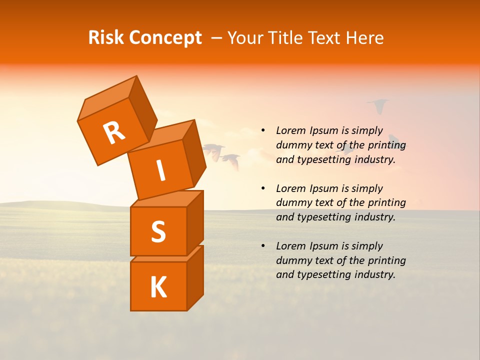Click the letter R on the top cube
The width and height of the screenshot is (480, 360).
pos(114,133)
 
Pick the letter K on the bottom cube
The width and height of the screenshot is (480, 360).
pos(158,287)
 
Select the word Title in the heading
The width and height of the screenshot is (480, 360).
pos(285,38)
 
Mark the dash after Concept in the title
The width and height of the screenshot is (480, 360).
pos(217,38)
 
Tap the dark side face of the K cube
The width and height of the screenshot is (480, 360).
pos(195,277)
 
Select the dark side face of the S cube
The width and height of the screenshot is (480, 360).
pos(195,222)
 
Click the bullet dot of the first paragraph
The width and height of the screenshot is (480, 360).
pos(263,130)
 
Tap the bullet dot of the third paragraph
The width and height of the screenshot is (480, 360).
pos(263,246)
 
